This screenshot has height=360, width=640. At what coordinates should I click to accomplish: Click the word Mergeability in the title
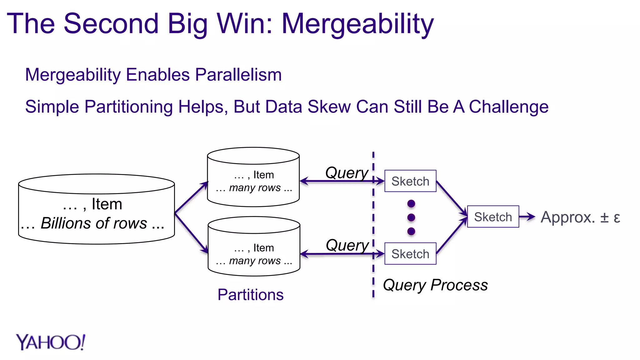[x=357, y=24]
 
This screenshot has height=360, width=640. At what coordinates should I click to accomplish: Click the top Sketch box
[x=410, y=181]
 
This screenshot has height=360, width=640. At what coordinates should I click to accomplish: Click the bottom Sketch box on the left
[x=410, y=254]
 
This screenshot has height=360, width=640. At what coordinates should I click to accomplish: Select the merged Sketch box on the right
[x=493, y=217]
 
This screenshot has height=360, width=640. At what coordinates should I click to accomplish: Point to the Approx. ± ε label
[x=580, y=217]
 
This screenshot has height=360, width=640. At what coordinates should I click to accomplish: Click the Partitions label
[x=250, y=295]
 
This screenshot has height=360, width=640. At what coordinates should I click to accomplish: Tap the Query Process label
[x=435, y=285]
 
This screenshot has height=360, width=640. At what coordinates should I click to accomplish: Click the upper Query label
[x=347, y=173]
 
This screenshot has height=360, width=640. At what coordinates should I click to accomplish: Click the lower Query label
[x=347, y=245]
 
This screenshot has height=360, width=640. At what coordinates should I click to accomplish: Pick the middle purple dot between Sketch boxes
[x=411, y=217]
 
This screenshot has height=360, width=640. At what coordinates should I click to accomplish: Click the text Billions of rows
[x=94, y=223]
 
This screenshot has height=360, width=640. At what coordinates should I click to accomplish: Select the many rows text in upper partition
[x=255, y=188]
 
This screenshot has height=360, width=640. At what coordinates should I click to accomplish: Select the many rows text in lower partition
[x=255, y=261]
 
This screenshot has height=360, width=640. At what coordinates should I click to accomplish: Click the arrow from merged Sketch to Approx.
[x=527, y=217]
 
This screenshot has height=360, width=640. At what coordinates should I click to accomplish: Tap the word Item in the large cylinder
[x=107, y=204]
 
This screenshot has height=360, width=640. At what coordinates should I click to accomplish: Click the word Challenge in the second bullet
[x=508, y=107]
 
